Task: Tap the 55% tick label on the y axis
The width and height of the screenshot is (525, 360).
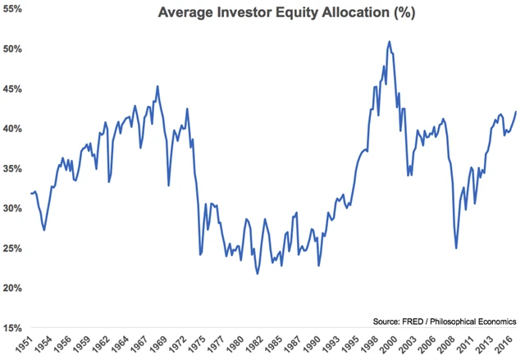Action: pos(12,9)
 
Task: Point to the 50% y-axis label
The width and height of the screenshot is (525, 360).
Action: pos(12,49)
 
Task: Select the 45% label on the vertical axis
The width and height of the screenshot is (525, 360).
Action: pos(12,89)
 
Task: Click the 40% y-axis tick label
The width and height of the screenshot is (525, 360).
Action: pos(12,129)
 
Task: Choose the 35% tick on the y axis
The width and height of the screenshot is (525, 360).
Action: pos(12,169)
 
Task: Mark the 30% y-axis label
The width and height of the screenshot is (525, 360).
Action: pos(12,208)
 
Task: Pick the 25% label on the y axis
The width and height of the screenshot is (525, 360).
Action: pos(12,248)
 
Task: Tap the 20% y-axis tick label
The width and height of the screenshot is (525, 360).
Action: pos(12,288)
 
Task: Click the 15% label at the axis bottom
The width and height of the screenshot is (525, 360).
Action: pos(12,328)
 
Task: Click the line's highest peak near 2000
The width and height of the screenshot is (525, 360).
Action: pos(389,41)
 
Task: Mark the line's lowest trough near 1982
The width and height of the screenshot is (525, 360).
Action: pos(258,273)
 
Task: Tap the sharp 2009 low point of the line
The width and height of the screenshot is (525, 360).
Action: pos(456,248)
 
